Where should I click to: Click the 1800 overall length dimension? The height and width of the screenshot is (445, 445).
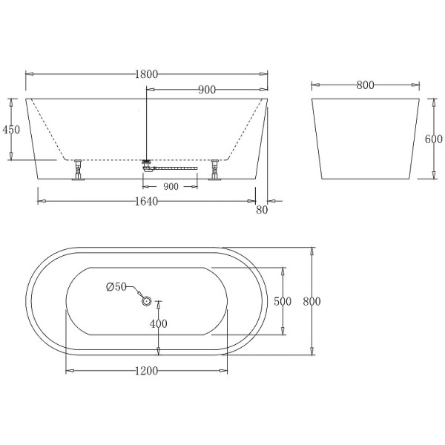pyautogui.click(x=147, y=74)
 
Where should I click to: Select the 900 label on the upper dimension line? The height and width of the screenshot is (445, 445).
pyautogui.click(x=207, y=90)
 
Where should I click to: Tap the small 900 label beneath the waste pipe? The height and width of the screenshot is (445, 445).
pyautogui.click(x=171, y=187)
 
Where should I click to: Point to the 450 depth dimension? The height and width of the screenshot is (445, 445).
pyautogui.click(x=11, y=129)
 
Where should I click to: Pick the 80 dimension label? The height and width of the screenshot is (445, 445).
pyautogui.click(x=260, y=211)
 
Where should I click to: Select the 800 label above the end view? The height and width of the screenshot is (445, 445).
pyautogui.click(x=364, y=85)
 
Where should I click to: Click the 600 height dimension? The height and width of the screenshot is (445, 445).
pyautogui.click(x=434, y=139)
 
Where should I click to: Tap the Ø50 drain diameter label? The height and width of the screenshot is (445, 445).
pyautogui.click(x=117, y=287)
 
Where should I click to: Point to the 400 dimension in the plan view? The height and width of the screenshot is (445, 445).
pyautogui.click(x=159, y=323)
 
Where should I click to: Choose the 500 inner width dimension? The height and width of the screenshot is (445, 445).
pyautogui.click(x=283, y=301)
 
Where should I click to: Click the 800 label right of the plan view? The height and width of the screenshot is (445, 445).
pyautogui.click(x=312, y=301)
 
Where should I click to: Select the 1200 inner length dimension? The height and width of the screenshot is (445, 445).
pyautogui.click(x=147, y=372)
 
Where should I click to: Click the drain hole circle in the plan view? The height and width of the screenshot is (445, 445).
pyautogui.click(x=146, y=301)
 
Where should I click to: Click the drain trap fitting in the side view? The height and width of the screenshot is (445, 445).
pyautogui.click(x=147, y=165)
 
